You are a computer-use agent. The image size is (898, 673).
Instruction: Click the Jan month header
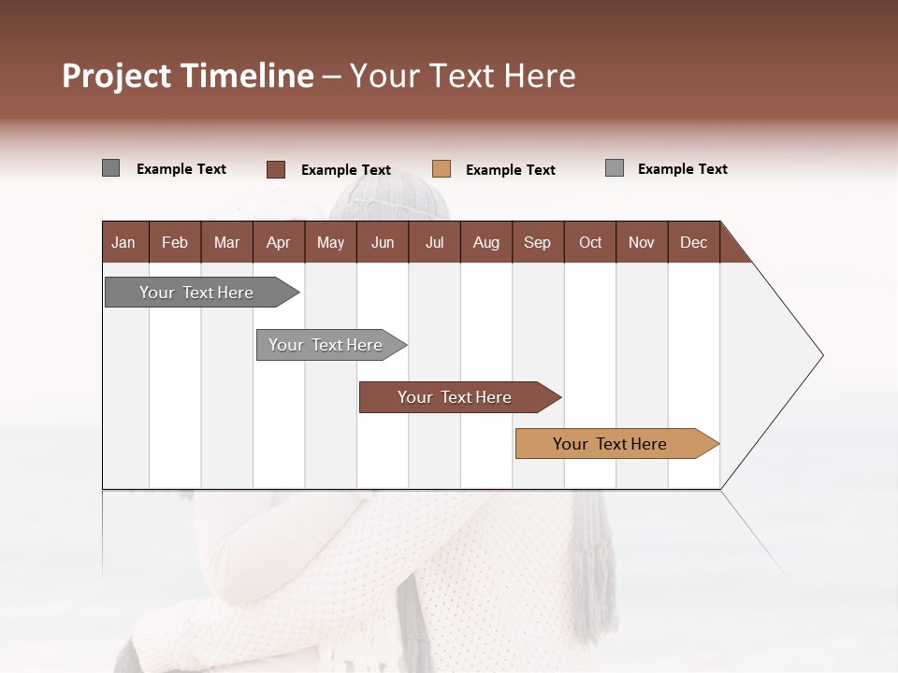click(x=123, y=242)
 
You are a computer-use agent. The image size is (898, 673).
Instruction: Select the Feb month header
click(x=175, y=242)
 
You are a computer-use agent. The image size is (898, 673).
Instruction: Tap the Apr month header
click(x=279, y=242)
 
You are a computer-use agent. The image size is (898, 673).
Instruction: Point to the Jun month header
click(x=383, y=242)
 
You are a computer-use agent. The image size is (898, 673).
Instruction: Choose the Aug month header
click(x=486, y=242)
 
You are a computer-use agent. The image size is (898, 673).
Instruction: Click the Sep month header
click(x=538, y=242)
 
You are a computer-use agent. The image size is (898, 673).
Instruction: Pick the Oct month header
click(x=590, y=242)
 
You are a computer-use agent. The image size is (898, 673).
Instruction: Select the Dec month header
click(x=694, y=242)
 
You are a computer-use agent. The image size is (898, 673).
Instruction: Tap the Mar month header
click(x=226, y=242)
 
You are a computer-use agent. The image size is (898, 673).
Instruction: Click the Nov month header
click(x=642, y=242)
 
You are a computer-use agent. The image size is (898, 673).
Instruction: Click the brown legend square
click(x=276, y=169)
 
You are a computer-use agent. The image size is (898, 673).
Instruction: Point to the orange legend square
click(x=442, y=169)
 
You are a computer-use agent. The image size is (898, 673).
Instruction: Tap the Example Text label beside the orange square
click(x=510, y=170)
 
